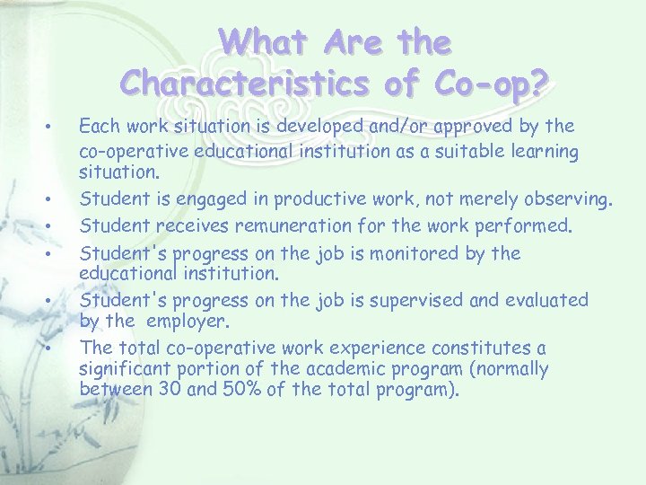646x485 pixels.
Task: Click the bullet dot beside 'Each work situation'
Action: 57,126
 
